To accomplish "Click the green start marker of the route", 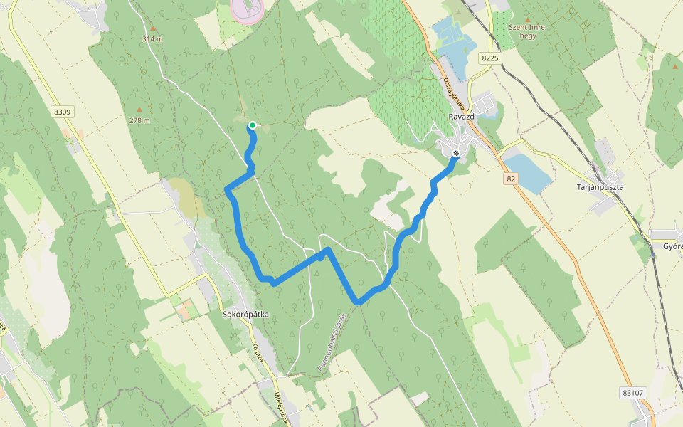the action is tap(252, 125).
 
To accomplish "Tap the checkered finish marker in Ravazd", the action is tap(456, 153).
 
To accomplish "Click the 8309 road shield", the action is tap(63, 112).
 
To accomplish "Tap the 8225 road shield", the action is tap(489, 58).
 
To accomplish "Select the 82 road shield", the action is tap(511, 179).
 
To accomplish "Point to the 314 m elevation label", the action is tap(152, 39).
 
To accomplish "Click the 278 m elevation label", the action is tap(139, 120).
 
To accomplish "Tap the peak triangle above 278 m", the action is tap(139, 110).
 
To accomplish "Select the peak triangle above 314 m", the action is tap(152, 28).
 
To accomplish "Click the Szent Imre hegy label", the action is tap(526, 31).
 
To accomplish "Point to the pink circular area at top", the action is tap(248, 9).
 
